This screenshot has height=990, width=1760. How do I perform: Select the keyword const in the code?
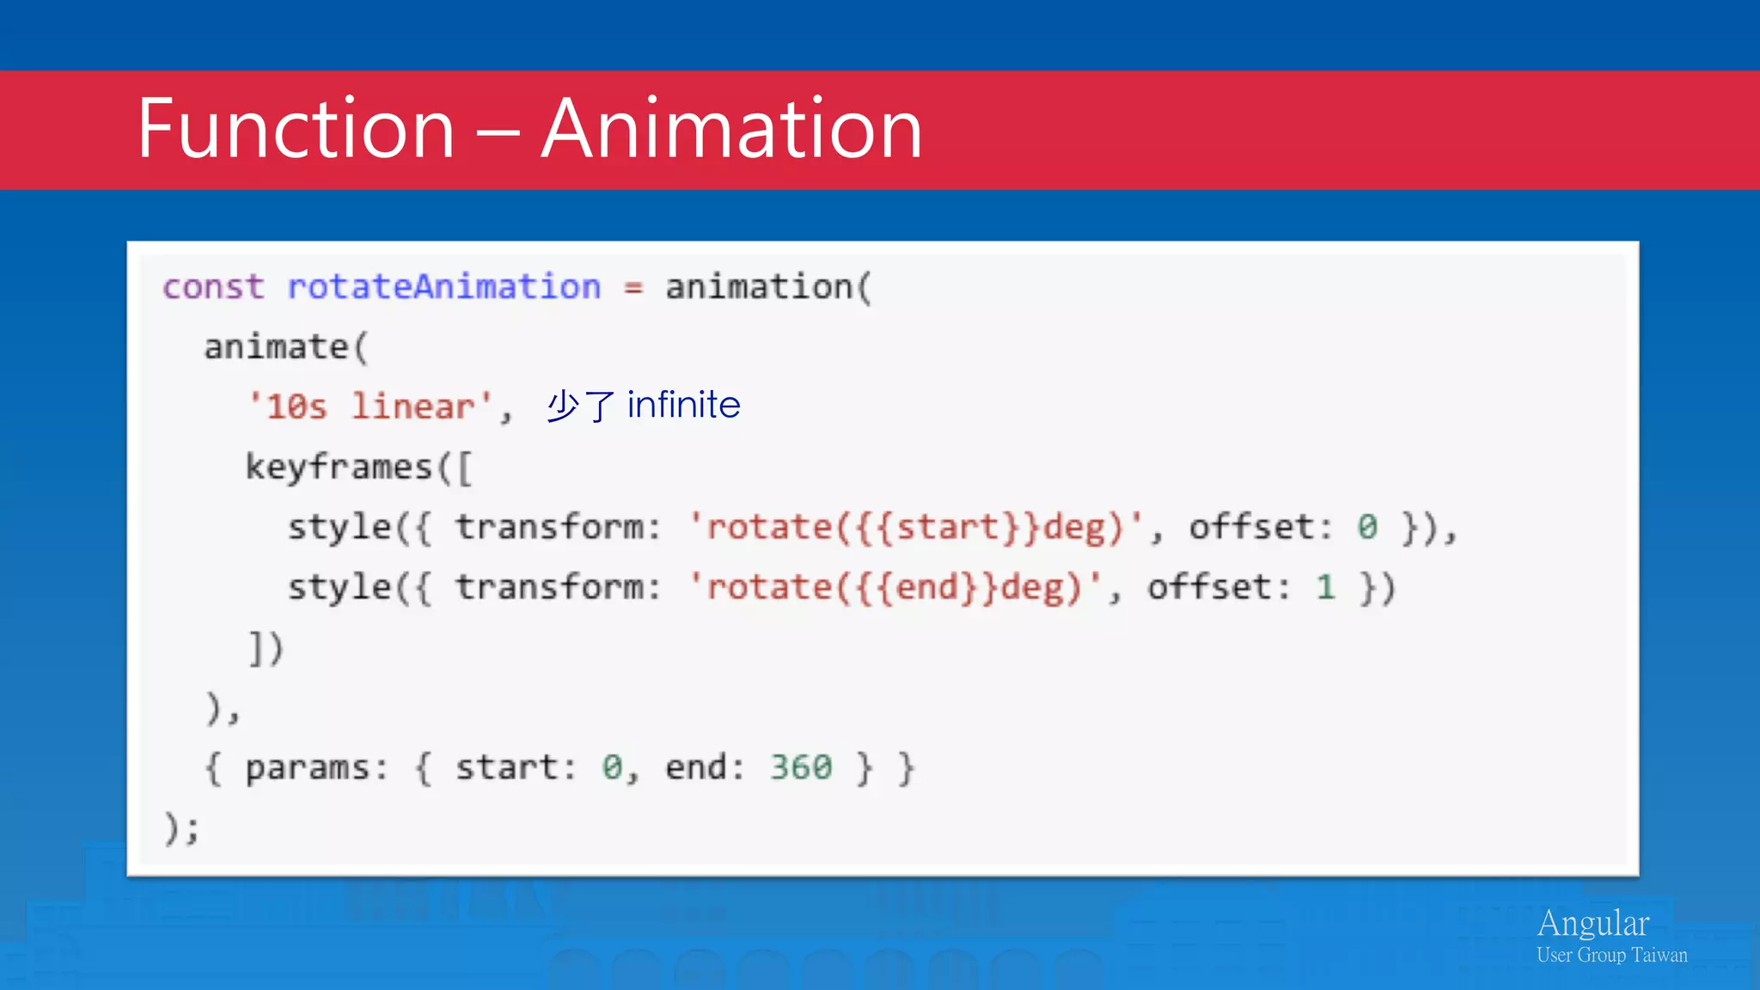click(x=213, y=287)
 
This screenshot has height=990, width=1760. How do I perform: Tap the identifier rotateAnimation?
click(x=443, y=287)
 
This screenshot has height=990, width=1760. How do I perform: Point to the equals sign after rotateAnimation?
click(x=633, y=289)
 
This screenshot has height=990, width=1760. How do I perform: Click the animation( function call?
click(x=768, y=287)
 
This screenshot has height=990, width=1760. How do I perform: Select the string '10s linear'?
click(x=370, y=406)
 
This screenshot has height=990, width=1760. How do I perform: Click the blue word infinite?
click(x=683, y=405)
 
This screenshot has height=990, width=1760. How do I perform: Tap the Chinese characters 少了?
click(x=581, y=406)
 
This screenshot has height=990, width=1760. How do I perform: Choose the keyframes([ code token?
click(x=358, y=467)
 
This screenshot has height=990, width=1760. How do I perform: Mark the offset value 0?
click(x=1367, y=528)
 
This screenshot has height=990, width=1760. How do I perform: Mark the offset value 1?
click(x=1325, y=588)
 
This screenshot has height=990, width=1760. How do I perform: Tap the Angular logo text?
click(x=1592, y=924)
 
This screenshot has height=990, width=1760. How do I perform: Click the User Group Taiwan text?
click(x=1611, y=956)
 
